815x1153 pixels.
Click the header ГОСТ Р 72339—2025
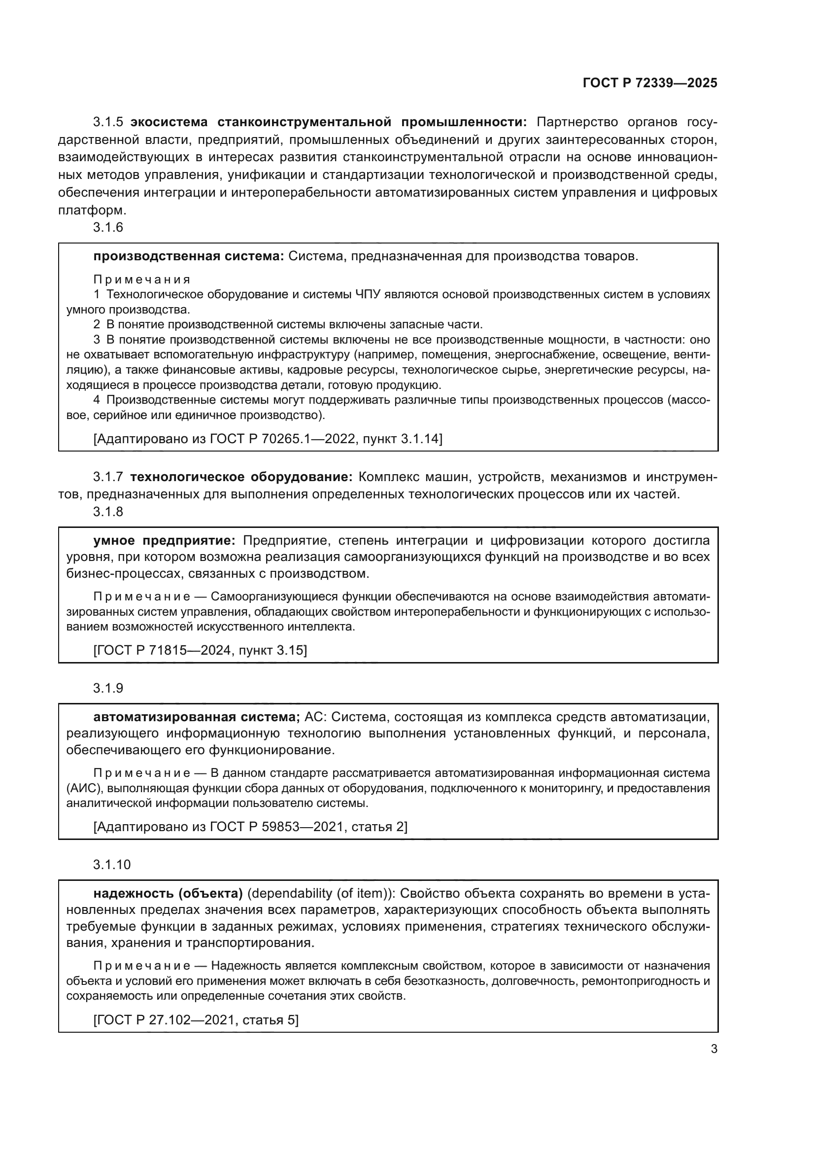[649, 83]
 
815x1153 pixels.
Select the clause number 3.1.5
[108, 122]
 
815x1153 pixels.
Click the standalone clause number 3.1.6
[108, 227]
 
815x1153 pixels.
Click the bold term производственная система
[189, 256]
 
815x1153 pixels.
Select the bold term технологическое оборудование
[241, 477]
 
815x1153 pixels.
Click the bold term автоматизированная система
[196, 717]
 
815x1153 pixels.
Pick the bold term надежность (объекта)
[168, 893]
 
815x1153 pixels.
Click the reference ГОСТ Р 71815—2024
[166, 650]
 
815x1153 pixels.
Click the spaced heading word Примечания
[142, 279]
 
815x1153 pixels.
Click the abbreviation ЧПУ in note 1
[368, 294]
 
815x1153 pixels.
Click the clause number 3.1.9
[108, 688]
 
